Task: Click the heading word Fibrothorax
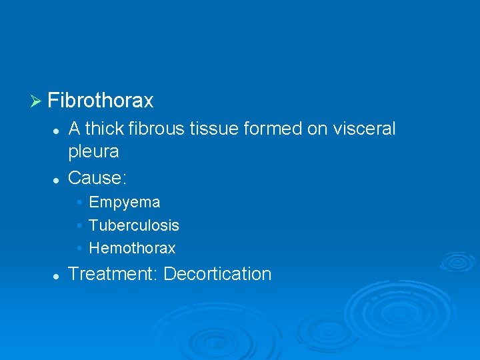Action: click(101, 101)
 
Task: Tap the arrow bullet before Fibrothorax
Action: click(36, 101)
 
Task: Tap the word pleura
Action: click(93, 152)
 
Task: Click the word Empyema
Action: click(125, 202)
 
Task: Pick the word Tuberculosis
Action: click(134, 225)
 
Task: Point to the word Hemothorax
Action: click(132, 249)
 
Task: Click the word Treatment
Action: click(113, 274)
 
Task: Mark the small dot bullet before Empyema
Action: click(79, 202)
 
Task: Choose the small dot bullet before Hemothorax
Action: click(79, 249)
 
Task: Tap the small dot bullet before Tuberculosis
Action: click(79, 225)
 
